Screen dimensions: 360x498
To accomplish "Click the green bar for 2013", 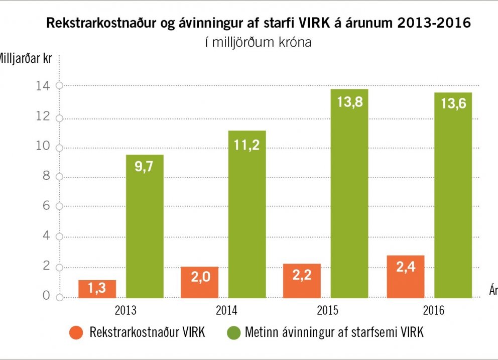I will point(145,226).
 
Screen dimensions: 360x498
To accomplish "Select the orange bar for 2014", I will point(199,282).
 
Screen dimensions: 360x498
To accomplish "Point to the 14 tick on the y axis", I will point(45,86).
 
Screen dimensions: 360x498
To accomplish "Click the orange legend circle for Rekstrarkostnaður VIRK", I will point(76,332).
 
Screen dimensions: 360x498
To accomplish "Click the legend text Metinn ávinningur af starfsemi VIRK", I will point(334,332).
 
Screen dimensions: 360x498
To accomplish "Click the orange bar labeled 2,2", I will point(302,281).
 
